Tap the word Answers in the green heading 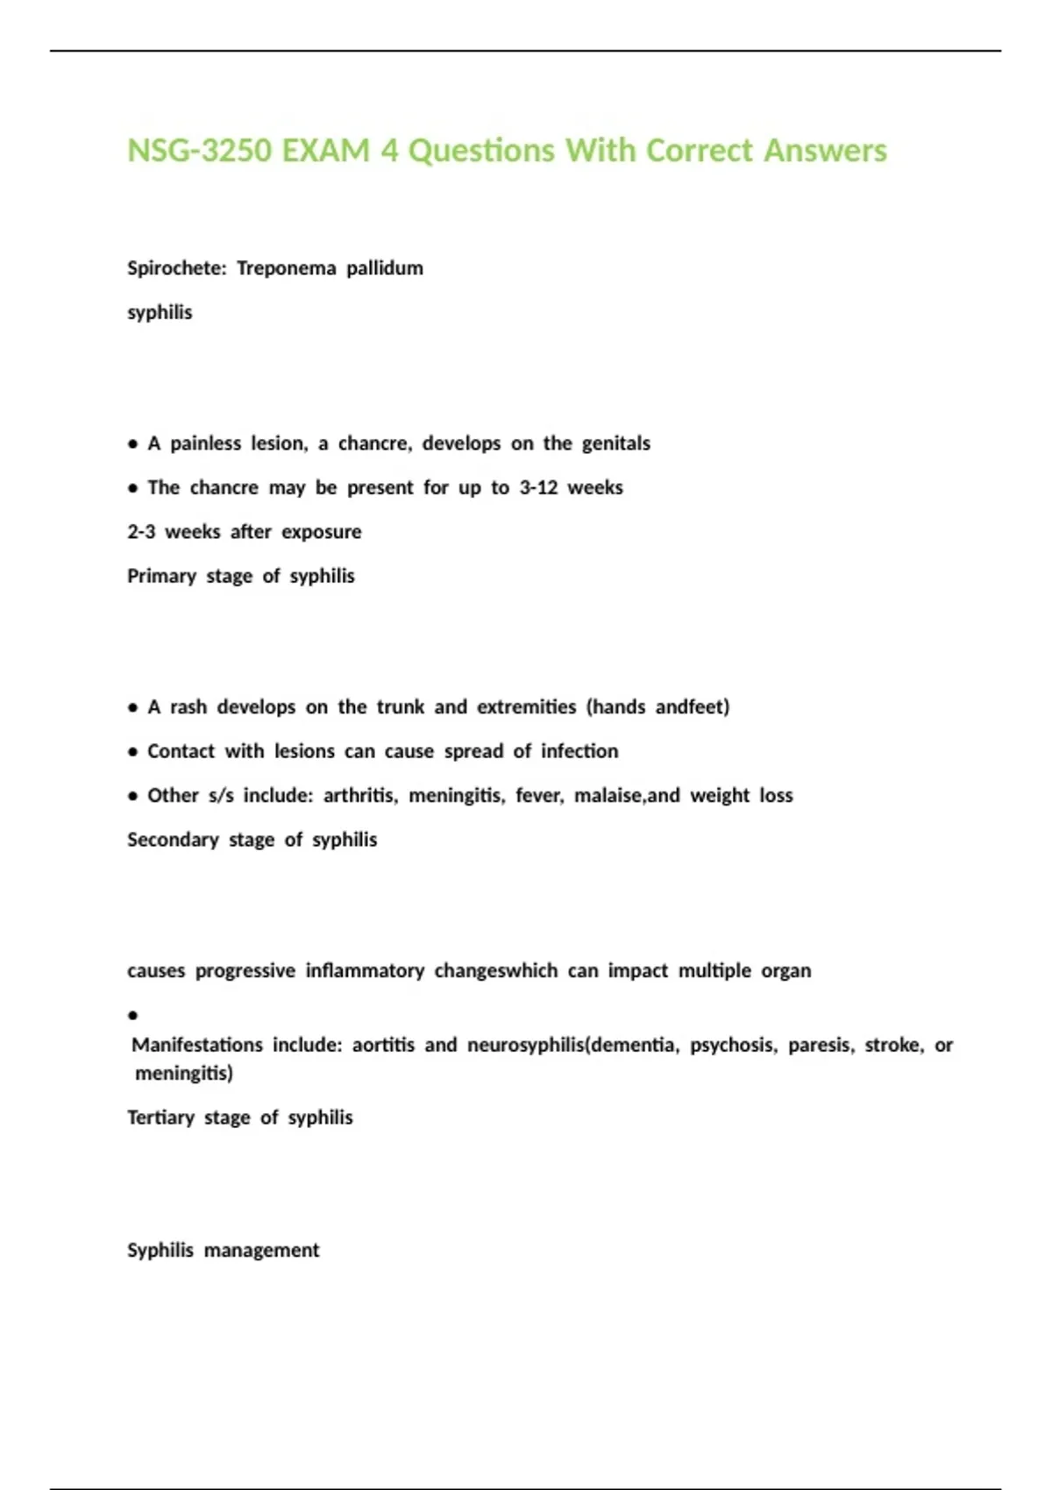pos(825,151)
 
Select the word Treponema pos(286,268)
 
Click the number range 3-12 pos(538,488)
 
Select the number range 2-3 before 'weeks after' pos(141,532)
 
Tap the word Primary pos(161,577)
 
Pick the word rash pos(188,707)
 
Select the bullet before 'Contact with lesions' pos(132,752)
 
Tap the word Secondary pos(173,840)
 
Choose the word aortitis pos(383,1046)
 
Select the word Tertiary pos(160,1118)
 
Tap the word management pos(261,1251)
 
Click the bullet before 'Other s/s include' pos(132,797)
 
